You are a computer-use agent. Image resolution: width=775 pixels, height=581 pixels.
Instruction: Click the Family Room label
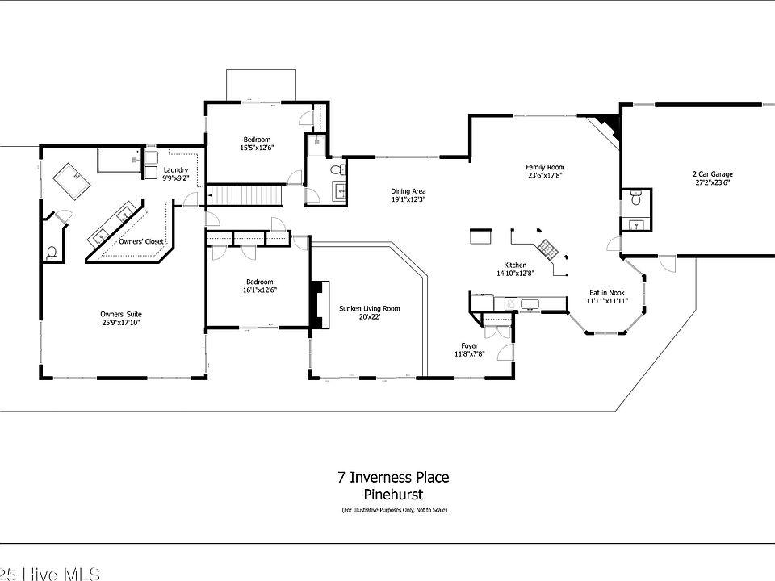click(545, 167)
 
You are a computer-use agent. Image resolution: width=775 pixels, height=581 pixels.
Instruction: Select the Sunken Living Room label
click(369, 308)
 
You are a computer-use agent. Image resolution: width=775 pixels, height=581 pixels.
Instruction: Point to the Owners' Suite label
click(121, 314)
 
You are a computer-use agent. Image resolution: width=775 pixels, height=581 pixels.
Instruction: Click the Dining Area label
click(408, 191)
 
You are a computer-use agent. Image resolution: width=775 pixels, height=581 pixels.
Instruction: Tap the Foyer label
click(469, 345)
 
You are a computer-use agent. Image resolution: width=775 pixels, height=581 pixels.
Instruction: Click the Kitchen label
click(515, 265)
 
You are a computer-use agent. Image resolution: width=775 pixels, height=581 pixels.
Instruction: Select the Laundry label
click(175, 169)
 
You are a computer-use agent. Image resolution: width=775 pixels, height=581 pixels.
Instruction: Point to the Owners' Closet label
click(141, 241)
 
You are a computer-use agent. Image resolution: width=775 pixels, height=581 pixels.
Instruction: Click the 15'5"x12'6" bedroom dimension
click(257, 148)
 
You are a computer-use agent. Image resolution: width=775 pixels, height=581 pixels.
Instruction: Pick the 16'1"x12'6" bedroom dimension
click(261, 290)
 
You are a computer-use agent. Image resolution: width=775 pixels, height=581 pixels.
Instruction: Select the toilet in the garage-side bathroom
click(635, 198)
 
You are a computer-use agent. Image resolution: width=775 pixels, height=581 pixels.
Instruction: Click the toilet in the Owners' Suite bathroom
click(52, 253)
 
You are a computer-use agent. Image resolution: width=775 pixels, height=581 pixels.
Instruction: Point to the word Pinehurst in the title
click(393, 495)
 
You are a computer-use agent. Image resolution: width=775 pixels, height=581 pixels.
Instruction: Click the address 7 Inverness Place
click(393, 477)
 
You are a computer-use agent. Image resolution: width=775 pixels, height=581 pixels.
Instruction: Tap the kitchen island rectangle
click(482, 238)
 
